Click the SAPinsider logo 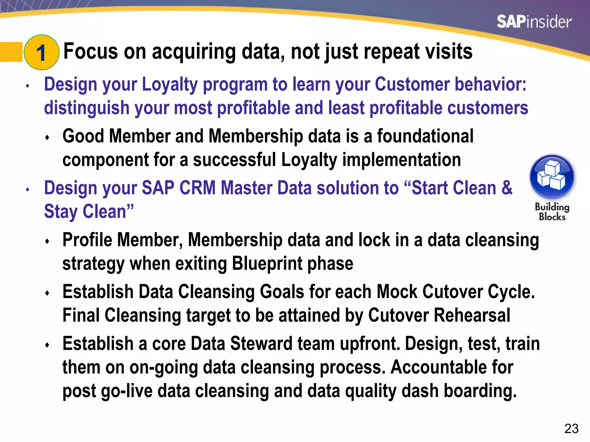pos(534,22)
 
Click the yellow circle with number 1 pos(41,52)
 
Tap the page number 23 pos(572,428)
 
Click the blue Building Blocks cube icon pos(552,177)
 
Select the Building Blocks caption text pos(552,212)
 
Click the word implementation pos(401,160)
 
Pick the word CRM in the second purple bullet pos(197,188)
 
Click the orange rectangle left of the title pos(11,52)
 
